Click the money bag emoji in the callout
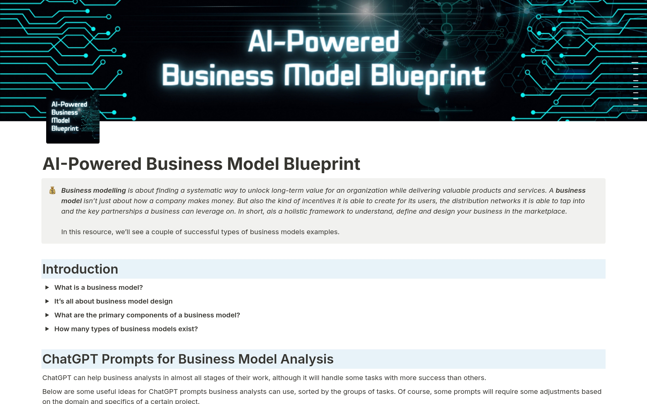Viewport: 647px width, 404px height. [x=52, y=190]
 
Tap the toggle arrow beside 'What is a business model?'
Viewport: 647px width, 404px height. [x=47, y=287]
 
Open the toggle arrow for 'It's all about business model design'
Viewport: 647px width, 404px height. [x=47, y=301]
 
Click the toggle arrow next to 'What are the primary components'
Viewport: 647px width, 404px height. [x=47, y=315]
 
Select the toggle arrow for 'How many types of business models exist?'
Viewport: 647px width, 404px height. [x=47, y=329]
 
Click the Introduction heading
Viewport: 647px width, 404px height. [x=80, y=269]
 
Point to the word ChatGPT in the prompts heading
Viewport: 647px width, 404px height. [x=70, y=359]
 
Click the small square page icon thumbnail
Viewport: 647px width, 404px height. [x=73, y=117]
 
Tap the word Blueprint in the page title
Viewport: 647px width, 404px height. [x=322, y=164]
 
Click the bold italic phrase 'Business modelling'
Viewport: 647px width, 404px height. [x=94, y=190]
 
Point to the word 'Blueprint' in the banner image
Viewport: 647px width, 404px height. [x=428, y=77]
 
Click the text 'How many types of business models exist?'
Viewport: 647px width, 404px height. [x=126, y=329]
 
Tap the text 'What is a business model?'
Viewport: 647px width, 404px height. [x=99, y=287]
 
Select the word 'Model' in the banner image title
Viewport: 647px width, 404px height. [x=322, y=75]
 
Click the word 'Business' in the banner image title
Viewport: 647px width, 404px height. [x=218, y=75]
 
